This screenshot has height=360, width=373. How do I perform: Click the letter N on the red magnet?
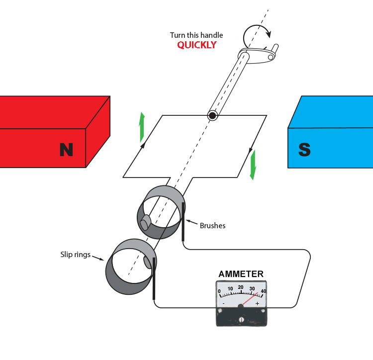coord(66,149)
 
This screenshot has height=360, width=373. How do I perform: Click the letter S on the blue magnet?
coord(304,149)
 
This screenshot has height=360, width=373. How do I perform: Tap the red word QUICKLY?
coord(197,45)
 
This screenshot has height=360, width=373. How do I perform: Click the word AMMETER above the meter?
coord(241,274)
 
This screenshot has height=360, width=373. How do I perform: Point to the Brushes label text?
coord(212,226)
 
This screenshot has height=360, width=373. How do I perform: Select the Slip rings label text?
coord(75,255)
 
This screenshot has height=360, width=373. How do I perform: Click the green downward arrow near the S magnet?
coord(253,164)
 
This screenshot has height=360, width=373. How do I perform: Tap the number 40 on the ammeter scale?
coord(263,291)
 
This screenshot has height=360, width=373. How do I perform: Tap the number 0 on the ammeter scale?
coord(220,291)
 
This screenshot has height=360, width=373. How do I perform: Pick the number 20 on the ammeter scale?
coord(241,287)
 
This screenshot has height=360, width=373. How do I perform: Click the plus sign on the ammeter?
coord(257,303)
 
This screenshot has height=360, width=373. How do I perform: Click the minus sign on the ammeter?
coord(224,303)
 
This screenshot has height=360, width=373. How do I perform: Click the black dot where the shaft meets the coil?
coord(212,116)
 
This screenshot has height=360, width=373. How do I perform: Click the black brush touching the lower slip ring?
coord(155,278)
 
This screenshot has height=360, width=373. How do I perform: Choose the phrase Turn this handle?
coord(196,35)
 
